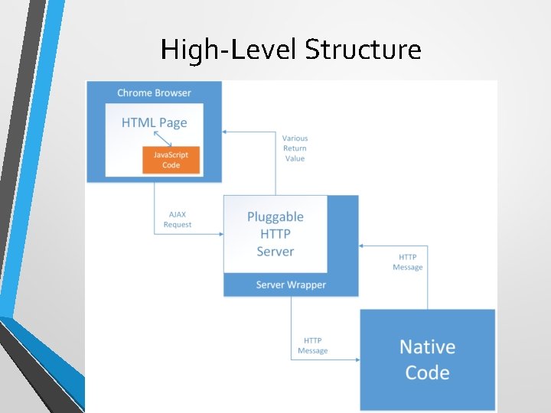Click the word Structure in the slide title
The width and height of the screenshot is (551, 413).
coord(363,50)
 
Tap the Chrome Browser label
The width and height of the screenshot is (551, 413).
coord(154,93)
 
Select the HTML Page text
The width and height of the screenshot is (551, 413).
coord(154,122)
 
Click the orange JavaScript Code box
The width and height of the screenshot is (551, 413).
coord(171,160)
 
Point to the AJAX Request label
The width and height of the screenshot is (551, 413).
coord(178,220)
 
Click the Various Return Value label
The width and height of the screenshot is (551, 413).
coord(295,148)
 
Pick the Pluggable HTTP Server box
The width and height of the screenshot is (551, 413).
coord(275,234)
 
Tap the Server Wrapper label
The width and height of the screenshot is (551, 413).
coord(291,285)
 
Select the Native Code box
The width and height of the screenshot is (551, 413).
coord(428,359)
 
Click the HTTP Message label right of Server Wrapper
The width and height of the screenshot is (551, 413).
coord(408,262)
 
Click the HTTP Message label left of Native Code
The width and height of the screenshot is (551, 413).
coord(312,346)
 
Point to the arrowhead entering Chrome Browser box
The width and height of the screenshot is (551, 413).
coord(226,131)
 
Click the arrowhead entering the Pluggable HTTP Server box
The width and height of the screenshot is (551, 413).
coord(220,233)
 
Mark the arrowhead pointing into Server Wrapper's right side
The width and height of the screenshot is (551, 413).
coord(362,246)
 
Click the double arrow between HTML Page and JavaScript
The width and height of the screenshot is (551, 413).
coord(162,138)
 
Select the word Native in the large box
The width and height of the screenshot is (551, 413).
coord(427,347)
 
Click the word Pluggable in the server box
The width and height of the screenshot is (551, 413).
coord(275,217)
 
